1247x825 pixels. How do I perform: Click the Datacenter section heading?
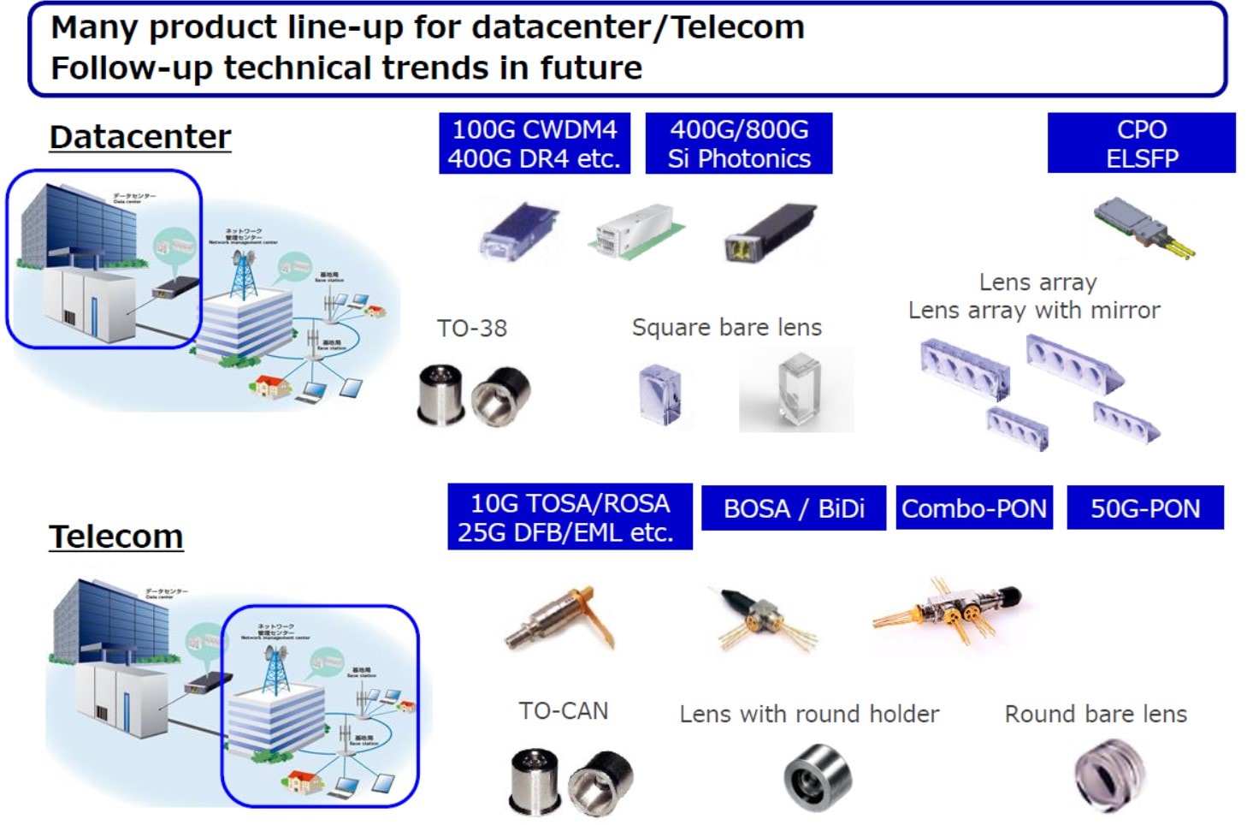[x=140, y=137]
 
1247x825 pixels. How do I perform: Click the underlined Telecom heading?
[x=116, y=537]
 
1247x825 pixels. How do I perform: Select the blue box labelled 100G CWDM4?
[x=535, y=144]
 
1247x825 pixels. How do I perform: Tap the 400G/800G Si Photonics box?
[x=739, y=144]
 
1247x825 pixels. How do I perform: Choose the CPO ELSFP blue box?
[x=1141, y=144]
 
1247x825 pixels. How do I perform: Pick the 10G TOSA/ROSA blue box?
[x=570, y=517]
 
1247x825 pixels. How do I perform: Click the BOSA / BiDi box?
[x=794, y=508]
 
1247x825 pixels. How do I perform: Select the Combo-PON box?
[x=974, y=508]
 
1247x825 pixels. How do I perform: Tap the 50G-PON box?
[x=1145, y=508]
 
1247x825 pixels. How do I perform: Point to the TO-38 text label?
[x=472, y=328]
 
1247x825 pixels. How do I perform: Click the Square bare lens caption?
[x=727, y=327]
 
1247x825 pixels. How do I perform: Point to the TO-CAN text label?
[x=564, y=710]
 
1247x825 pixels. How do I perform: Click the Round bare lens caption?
[x=1096, y=714]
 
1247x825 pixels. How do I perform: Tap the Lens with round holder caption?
[x=809, y=714]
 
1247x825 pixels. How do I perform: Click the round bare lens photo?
[x=1109, y=775]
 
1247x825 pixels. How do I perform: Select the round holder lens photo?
[x=817, y=776]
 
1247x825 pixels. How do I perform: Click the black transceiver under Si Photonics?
[x=770, y=232]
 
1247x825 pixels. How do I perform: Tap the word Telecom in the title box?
[x=737, y=27]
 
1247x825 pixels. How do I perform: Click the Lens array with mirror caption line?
[x=1034, y=310]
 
